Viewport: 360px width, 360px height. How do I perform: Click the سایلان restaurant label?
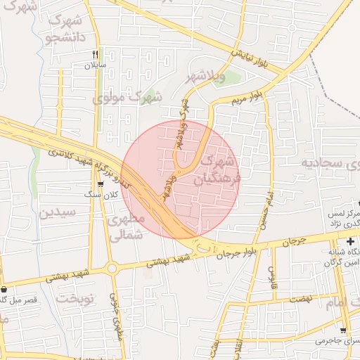[x=94, y=65]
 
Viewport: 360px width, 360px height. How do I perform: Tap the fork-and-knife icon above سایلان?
[x=95, y=53]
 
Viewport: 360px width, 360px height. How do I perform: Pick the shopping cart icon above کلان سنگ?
[x=103, y=184]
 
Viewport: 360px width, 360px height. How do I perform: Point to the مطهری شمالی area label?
[x=127, y=227]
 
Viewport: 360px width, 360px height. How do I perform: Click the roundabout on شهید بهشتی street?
[x=112, y=267]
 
